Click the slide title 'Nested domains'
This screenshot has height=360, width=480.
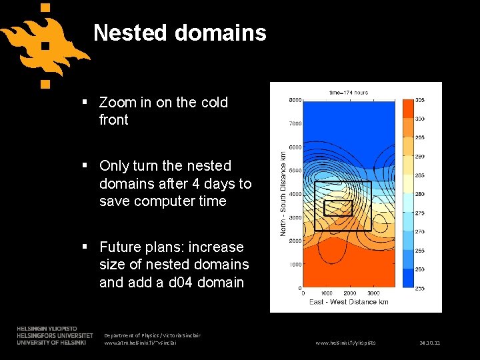coord(179,33)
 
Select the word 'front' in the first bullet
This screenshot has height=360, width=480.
coord(113,120)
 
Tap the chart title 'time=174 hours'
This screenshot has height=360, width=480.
coord(349,92)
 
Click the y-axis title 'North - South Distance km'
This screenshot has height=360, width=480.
coord(283,194)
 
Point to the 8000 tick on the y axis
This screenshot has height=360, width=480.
coord(295,100)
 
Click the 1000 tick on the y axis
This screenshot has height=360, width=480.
coord(295,265)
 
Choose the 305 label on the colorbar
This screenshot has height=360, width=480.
coord(419,100)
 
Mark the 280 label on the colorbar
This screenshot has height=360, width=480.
coord(419,194)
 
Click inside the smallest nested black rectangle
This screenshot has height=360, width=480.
coord(337,208)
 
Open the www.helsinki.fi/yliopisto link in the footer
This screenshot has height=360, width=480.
coord(345,343)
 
